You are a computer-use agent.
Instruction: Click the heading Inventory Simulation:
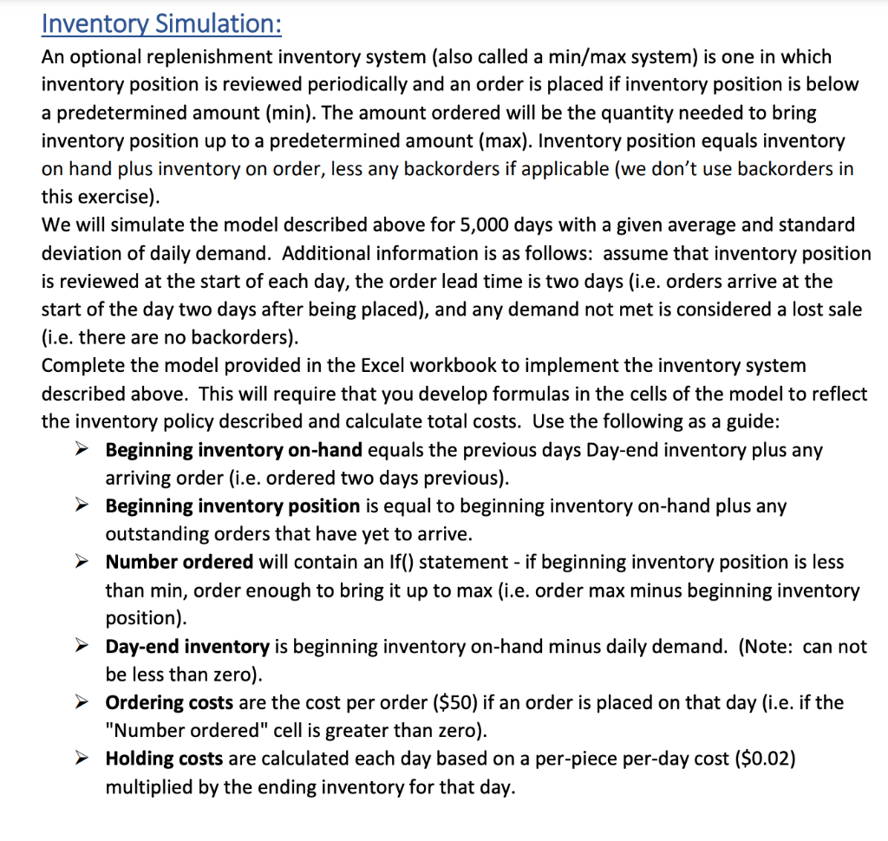(x=161, y=23)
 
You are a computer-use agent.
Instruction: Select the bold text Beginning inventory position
(x=232, y=506)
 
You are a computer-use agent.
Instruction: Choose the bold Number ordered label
(x=180, y=563)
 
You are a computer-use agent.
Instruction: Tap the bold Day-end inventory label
(x=187, y=647)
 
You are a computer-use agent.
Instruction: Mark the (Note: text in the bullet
(x=770, y=647)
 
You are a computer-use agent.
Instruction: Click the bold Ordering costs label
(x=169, y=703)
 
